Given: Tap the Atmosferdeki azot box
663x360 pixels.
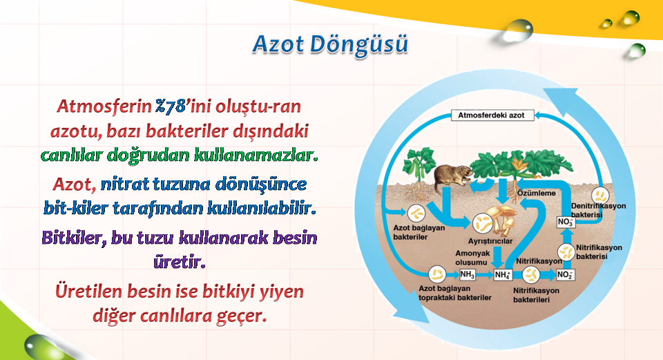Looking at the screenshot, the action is click(x=492, y=115).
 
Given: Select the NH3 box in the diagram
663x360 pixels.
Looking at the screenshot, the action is click(x=468, y=274).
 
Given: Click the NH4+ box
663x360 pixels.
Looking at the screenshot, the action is click(x=503, y=275).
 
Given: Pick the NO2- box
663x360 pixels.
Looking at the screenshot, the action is click(x=566, y=275).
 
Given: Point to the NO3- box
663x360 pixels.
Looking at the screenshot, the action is click(x=566, y=222).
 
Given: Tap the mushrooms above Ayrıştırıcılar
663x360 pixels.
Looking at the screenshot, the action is click(x=502, y=218).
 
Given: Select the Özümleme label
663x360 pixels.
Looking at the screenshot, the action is click(x=537, y=193).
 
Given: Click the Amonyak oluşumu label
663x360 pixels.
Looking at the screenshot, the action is click(x=472, y=258).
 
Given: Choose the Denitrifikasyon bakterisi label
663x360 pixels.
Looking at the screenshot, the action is click(x=598, y=210).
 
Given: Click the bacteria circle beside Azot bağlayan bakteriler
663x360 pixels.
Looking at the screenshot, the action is click(x=416, y=214).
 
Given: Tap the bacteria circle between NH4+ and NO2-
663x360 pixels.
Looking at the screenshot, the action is click(x=530, y=275).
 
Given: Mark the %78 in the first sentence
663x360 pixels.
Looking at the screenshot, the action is click(x=170, y=106).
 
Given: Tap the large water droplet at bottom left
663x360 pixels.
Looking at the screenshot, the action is click(x=39, y=346).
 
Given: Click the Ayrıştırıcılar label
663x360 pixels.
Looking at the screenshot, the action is click(x=490, y=241).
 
